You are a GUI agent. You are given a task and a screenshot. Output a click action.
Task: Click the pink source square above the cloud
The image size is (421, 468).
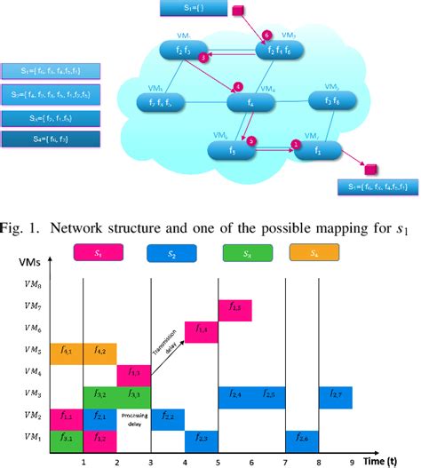pyautogui.click(x=237, y=12)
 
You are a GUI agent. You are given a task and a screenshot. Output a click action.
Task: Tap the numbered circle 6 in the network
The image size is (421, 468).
pyautogui.click(x=267, y=35)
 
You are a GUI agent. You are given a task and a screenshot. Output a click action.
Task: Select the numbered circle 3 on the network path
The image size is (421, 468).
pyautogui.click(x=203, y=56)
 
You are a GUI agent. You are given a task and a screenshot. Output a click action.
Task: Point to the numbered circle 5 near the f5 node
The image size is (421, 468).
pyautogui.click(x=252, y=140)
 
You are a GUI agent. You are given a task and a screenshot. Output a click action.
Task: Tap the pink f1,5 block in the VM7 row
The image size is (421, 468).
pyautogui.click(x=235, y=307)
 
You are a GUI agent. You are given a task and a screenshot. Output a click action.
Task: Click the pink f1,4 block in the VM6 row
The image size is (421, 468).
pyautogui.click(x=201, y=330)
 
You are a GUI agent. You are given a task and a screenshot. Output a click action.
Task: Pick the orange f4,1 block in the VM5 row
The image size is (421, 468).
pyautogui.click(x=67, y=353)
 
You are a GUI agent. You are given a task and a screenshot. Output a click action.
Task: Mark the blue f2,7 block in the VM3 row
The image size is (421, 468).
pyautogui.click(x=336, y=396)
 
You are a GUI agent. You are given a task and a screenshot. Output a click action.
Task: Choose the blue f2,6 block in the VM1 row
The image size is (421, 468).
pyautogui.click(x=302, y=440)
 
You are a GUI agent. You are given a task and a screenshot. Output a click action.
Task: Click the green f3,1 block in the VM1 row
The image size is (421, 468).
pyautogui.click(x=67, y=440)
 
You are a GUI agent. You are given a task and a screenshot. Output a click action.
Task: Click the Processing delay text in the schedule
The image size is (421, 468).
pyautogui.click(x=133, y=417)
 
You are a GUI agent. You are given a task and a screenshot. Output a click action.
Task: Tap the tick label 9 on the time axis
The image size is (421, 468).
pyautogui.click(x=353, y=461)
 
